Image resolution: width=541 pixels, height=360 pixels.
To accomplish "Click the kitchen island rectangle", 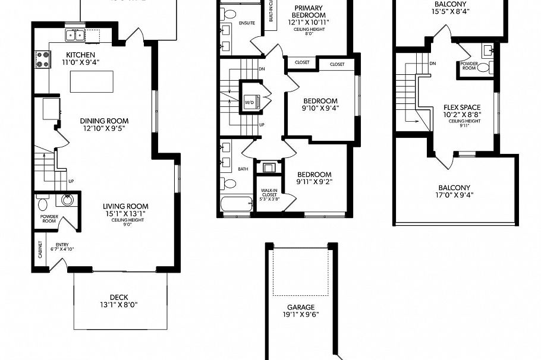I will (91, 81).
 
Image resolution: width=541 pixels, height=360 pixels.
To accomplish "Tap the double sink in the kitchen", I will (74, 36).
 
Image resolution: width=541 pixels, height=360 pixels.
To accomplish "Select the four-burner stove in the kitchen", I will (43, 59).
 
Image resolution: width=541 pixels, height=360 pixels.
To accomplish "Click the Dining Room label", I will (104, 120).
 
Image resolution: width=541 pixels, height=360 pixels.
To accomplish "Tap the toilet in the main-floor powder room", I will (43, 204).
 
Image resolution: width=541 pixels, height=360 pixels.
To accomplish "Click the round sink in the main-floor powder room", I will (67, 200).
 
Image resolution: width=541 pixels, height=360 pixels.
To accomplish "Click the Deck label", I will (119, 298).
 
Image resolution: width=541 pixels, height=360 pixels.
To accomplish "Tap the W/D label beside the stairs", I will (249, 102).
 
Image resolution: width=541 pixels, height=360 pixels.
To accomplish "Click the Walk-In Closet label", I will (269, 194).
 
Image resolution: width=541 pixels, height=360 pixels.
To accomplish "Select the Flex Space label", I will (462, 108).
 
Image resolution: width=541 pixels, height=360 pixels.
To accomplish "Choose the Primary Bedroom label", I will (309, 11).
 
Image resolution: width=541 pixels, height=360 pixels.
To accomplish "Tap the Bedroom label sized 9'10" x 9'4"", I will (320, 101).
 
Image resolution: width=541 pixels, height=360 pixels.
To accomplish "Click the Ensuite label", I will (246, 23).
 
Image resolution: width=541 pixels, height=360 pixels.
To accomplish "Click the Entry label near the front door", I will (62, 245).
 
